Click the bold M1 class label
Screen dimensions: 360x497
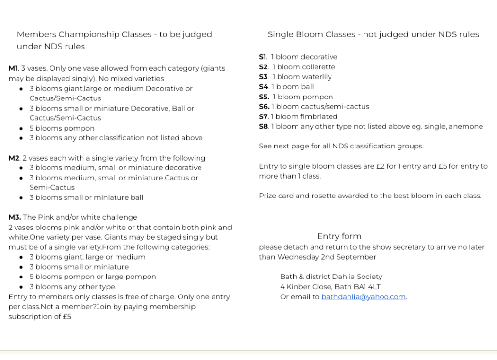[13, 68]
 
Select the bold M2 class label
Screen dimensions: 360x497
[14, 158]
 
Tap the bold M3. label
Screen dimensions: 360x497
[15, 217]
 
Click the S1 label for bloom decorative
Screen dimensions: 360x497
[263, 57]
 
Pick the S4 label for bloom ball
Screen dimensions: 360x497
[264, 87]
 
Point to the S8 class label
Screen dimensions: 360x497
[264, 127]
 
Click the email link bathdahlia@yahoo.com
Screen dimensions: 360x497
[363, 297]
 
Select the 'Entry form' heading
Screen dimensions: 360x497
[339, 236]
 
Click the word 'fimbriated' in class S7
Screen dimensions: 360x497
[319, 116]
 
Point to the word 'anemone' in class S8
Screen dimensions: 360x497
[467, 127]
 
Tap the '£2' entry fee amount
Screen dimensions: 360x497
[381, 166]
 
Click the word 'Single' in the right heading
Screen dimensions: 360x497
[279, 34]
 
